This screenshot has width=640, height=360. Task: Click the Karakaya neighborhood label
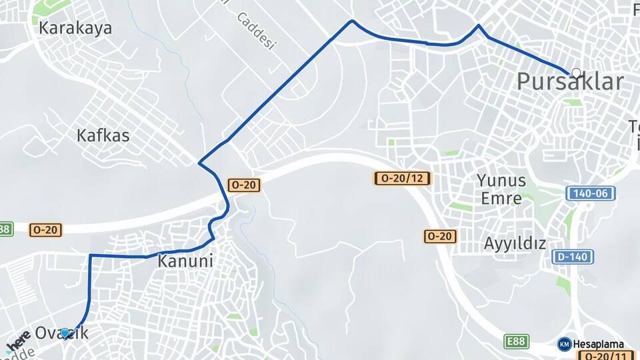pos(75,28)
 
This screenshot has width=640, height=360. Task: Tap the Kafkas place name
pos(103,135)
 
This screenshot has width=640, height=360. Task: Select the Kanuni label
pos(185,261)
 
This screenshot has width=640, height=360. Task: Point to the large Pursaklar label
pos(571,82)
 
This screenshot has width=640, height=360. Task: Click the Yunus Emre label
pos(501,189)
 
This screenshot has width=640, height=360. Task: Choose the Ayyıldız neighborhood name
pos(515,243)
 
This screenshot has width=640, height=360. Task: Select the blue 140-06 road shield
pos(591,193)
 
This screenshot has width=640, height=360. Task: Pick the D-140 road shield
pos(573,257)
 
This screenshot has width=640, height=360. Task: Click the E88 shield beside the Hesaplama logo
pos(517,341)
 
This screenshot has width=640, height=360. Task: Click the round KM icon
pos(564,344)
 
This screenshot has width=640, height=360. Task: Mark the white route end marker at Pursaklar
pos(575,73)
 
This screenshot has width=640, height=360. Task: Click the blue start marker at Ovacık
pos(65,332)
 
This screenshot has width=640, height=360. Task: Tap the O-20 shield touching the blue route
pos(244,185)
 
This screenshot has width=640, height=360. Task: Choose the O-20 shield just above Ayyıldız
pos(440,236)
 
